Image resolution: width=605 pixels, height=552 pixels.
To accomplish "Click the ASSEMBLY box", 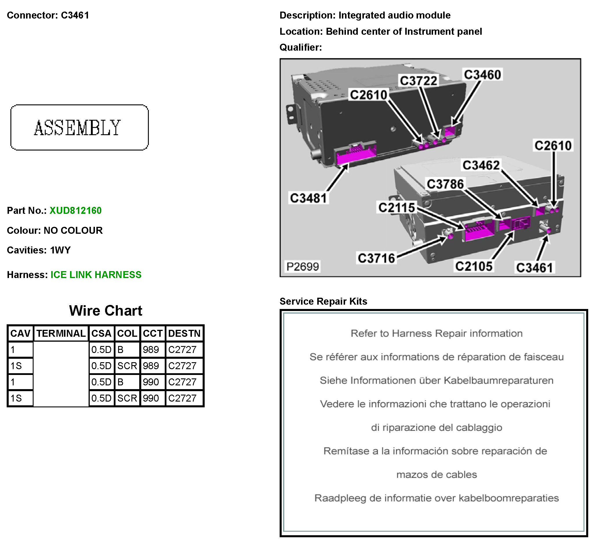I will pos(80,128).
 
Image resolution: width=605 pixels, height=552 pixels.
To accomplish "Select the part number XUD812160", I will pos(76,211).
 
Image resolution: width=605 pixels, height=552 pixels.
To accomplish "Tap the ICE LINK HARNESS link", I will pos(96,275).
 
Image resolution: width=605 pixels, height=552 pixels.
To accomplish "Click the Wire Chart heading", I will pos(106,311).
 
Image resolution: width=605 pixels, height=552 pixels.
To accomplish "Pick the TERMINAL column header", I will pos(61,334).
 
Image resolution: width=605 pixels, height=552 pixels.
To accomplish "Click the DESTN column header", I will pos(184,334).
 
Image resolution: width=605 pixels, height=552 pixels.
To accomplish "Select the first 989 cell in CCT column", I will pos(151,350).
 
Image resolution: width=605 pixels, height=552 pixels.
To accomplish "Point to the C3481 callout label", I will pos(309,198).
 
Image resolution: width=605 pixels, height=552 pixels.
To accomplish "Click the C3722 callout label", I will pos(419,81).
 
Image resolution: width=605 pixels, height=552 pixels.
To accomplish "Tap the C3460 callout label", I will pos(483,75).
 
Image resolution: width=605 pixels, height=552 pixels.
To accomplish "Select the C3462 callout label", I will pos(481,165).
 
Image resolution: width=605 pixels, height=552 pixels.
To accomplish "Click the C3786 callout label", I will pos(445,184).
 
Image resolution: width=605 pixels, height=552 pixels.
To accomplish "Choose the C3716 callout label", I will pos(377,258).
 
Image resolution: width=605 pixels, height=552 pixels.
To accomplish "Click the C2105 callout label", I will pos(474,266).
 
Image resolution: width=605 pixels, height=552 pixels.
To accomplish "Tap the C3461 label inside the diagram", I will pos(534,268).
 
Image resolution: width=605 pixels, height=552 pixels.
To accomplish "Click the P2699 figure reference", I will pos(302,267).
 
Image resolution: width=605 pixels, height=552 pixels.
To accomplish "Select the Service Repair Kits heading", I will pos(324,301).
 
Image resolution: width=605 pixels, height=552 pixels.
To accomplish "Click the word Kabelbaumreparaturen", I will pos(498,381).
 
